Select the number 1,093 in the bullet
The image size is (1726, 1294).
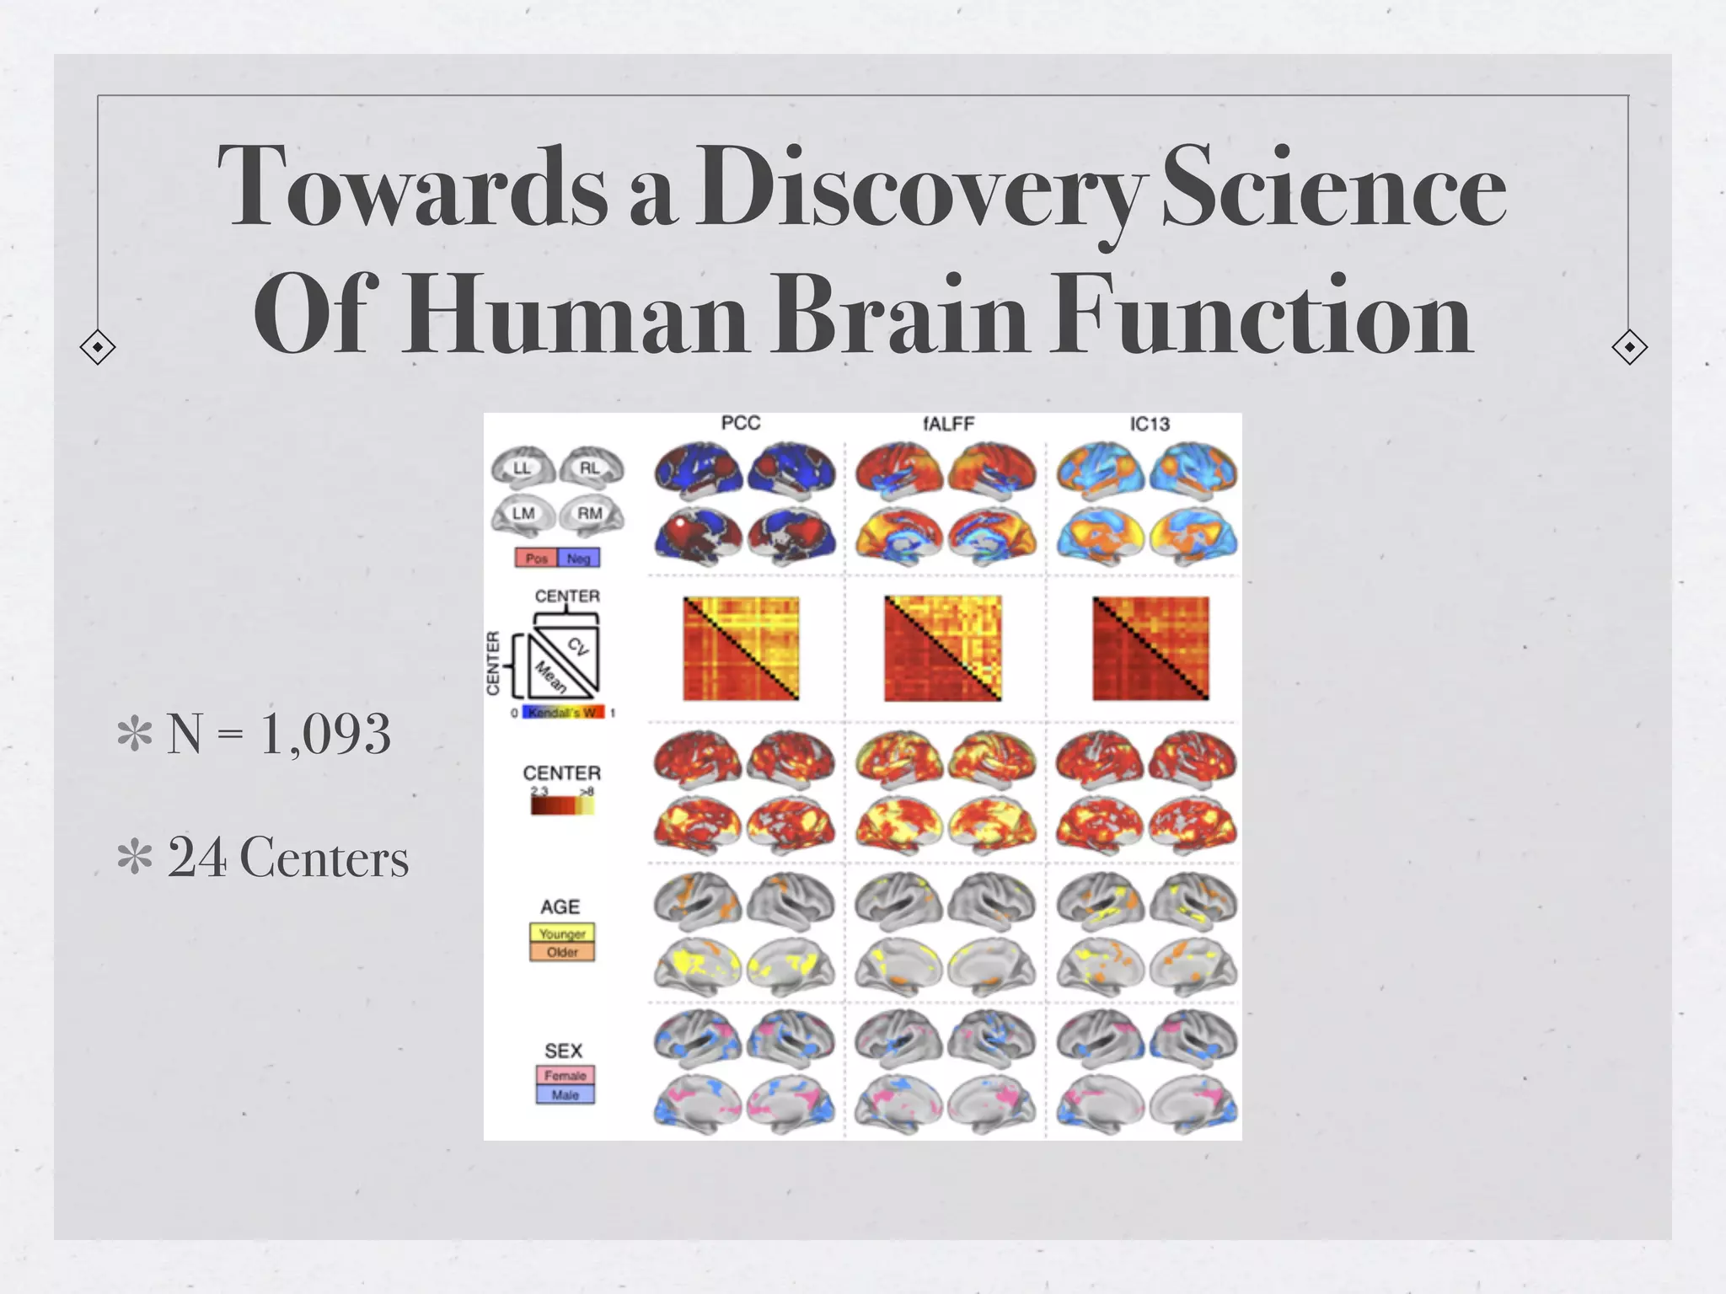point(325,733)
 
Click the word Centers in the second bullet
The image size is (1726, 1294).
point(324,858)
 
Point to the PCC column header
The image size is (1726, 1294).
point(741,423)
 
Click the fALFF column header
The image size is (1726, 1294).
point(948,423)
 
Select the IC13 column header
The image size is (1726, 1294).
point(1150,424)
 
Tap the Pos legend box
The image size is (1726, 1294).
point(536,558)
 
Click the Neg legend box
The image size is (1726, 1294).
point(578,558)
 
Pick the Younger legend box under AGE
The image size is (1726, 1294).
point(562,933)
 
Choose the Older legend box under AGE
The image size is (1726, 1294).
point(562,952)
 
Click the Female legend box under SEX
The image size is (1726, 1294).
point(565,1075)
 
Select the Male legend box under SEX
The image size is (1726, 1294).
point(565,1094)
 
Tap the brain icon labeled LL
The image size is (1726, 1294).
point(523,468)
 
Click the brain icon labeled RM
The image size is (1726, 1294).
point(590,514)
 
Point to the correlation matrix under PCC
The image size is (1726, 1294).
point(741,648)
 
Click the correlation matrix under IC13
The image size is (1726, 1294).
point(1150,648)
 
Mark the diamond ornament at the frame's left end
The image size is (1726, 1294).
point(98,347)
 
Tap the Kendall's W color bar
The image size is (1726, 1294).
point(563,713)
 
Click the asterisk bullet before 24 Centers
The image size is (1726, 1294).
point(135,858)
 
